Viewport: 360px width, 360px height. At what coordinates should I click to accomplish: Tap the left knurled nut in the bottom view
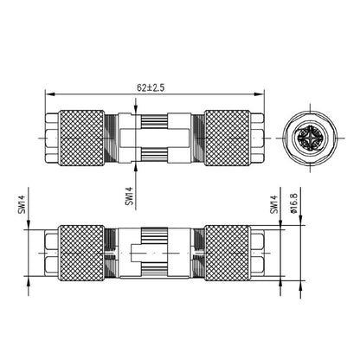point(82,250)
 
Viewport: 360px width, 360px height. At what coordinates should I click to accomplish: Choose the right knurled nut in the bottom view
point(227,250)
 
